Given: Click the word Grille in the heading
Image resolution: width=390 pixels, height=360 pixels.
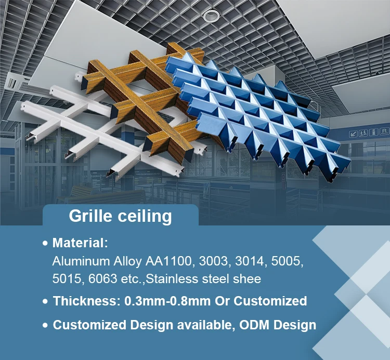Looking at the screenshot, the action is pos(91,216).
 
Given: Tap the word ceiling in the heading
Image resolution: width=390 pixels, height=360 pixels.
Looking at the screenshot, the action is pos(145,216).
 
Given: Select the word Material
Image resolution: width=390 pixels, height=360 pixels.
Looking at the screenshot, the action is pos(79,243).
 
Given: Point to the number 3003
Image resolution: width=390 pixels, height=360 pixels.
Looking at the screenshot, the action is pos(214,261).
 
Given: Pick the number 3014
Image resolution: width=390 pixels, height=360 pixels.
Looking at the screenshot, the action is pos(250,261).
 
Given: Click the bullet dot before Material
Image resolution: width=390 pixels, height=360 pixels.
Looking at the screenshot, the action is pos(45,243).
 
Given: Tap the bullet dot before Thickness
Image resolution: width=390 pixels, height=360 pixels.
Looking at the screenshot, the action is pos(45,301).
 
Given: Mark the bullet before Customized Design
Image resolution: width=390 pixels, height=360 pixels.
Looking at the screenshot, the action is pos(45,326).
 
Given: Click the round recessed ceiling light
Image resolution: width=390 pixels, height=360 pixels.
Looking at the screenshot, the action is pos(211,16).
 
